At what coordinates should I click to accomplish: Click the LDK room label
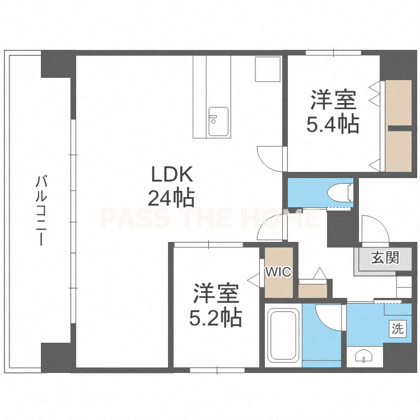point(172,174)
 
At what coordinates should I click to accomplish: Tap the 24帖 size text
point(171,198)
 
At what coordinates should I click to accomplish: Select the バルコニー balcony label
point(41,210)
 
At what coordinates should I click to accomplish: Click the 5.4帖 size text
point(333,124)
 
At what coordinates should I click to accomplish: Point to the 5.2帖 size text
point(216,318)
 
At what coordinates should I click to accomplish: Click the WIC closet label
point(278,272)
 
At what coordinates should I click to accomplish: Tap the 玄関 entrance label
point(385,258)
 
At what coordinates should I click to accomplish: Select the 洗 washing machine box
point(398,328)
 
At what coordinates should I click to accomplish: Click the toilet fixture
point(340,193)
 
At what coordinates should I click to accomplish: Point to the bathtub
point(283,335)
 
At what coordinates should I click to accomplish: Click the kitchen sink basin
point(218,122)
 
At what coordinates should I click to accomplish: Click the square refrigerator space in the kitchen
point(268,69)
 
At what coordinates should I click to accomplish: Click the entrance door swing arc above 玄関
point(375,229)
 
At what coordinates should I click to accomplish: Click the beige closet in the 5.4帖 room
point(398,125)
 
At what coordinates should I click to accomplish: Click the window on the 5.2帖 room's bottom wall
point(217,371)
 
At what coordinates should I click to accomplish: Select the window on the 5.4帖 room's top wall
point(334,53)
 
